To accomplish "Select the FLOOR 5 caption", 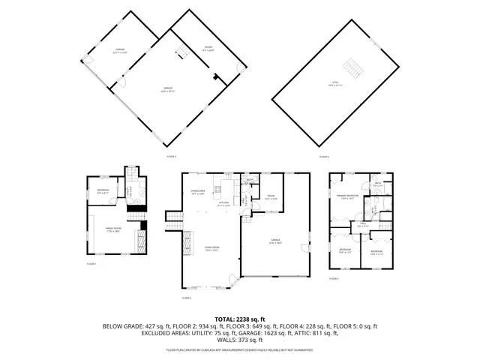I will click(x=323, y=156).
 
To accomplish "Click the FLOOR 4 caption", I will click(x=171, y=156).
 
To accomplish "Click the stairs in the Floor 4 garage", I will click(x=181, y=52).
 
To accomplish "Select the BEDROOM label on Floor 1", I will click(x=102, y=190).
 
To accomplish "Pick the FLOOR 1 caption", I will click(x=91, y=264).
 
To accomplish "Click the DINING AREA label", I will click(x=198, y=192).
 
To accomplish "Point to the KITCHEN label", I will click(x=223, y=203).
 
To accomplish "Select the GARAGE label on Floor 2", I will click(x=275, y=241).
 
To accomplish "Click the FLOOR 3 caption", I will click(x=334, y=279).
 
